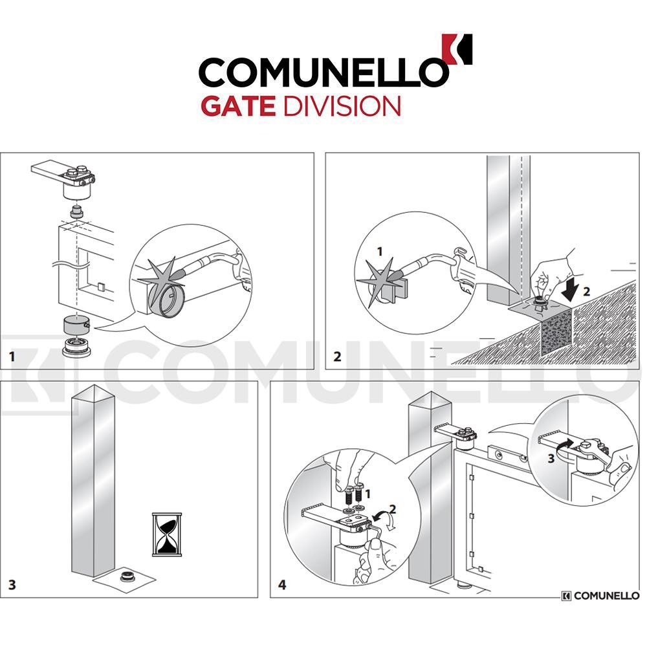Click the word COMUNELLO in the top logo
click(322, 72)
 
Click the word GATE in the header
click(240, 105)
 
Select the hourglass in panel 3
click(166, 534)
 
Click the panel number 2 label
click(336, 356)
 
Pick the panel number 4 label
click(282, 585)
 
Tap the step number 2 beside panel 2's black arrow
click(586, 291)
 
